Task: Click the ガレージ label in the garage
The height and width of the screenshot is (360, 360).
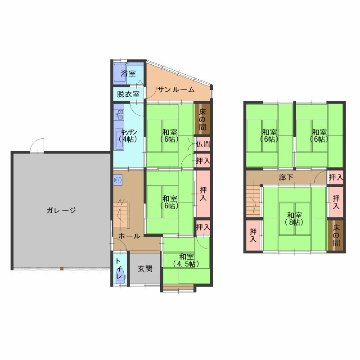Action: pos(61,210)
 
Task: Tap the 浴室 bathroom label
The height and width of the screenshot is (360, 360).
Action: pos(128,73)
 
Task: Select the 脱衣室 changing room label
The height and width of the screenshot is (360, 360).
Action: pos(128,94)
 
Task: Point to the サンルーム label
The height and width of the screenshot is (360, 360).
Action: pos(176,90)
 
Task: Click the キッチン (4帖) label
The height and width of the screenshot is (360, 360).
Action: pos(129,136)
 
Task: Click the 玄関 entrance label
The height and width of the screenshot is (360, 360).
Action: pos(145,269)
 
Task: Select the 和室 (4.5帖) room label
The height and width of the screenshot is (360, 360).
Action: pos(186,261)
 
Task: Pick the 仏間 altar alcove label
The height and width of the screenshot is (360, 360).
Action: pos(203,144)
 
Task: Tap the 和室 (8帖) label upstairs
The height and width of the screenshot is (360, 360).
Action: pos(294,219)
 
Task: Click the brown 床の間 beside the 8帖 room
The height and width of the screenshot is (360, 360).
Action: pos(336,235)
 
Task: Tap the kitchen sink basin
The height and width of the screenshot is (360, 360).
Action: pos(119,139)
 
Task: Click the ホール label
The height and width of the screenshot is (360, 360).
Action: pos(129,236)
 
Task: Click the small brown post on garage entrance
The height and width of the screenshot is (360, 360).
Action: pos(62,268)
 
